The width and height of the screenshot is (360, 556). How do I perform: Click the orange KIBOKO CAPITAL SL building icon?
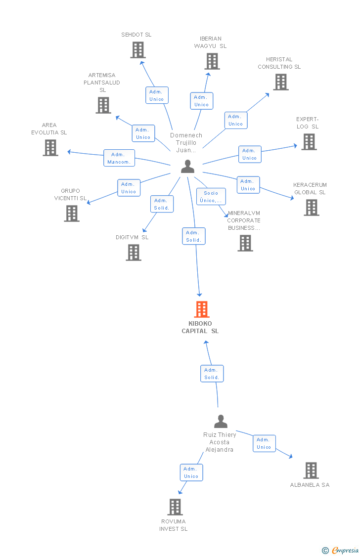point(202,309)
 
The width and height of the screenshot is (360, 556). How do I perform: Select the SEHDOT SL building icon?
point(138,50)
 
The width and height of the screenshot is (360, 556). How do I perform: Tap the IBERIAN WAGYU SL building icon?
point(212,61)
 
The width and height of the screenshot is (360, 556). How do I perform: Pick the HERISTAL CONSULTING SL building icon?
point(280,82)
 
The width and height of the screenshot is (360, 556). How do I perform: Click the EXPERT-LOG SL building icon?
point(309,142)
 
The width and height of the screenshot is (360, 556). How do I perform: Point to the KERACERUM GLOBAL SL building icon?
point(312,208)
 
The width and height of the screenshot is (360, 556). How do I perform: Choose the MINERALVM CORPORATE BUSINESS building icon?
point(245,243)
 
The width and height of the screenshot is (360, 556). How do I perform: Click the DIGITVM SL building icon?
point(134,253)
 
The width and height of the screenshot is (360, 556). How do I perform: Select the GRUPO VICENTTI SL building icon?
point(72,214)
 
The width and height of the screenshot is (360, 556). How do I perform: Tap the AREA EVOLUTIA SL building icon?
point(50,148)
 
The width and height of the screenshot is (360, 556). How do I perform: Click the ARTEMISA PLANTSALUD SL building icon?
point(103,105)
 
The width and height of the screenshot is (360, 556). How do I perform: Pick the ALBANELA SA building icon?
point(311,470)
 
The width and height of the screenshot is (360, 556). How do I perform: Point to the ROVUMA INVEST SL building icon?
point(175,507)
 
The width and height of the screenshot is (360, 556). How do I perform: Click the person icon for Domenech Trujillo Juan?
point(187,167)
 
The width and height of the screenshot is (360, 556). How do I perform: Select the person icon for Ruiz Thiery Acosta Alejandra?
point(221,422)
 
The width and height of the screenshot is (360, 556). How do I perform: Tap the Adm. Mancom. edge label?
point(119,158)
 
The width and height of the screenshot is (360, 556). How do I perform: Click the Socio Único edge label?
point(211,197)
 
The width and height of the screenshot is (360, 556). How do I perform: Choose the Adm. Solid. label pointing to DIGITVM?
point(162,204)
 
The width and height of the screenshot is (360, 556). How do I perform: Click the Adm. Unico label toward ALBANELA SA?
point(264,443)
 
